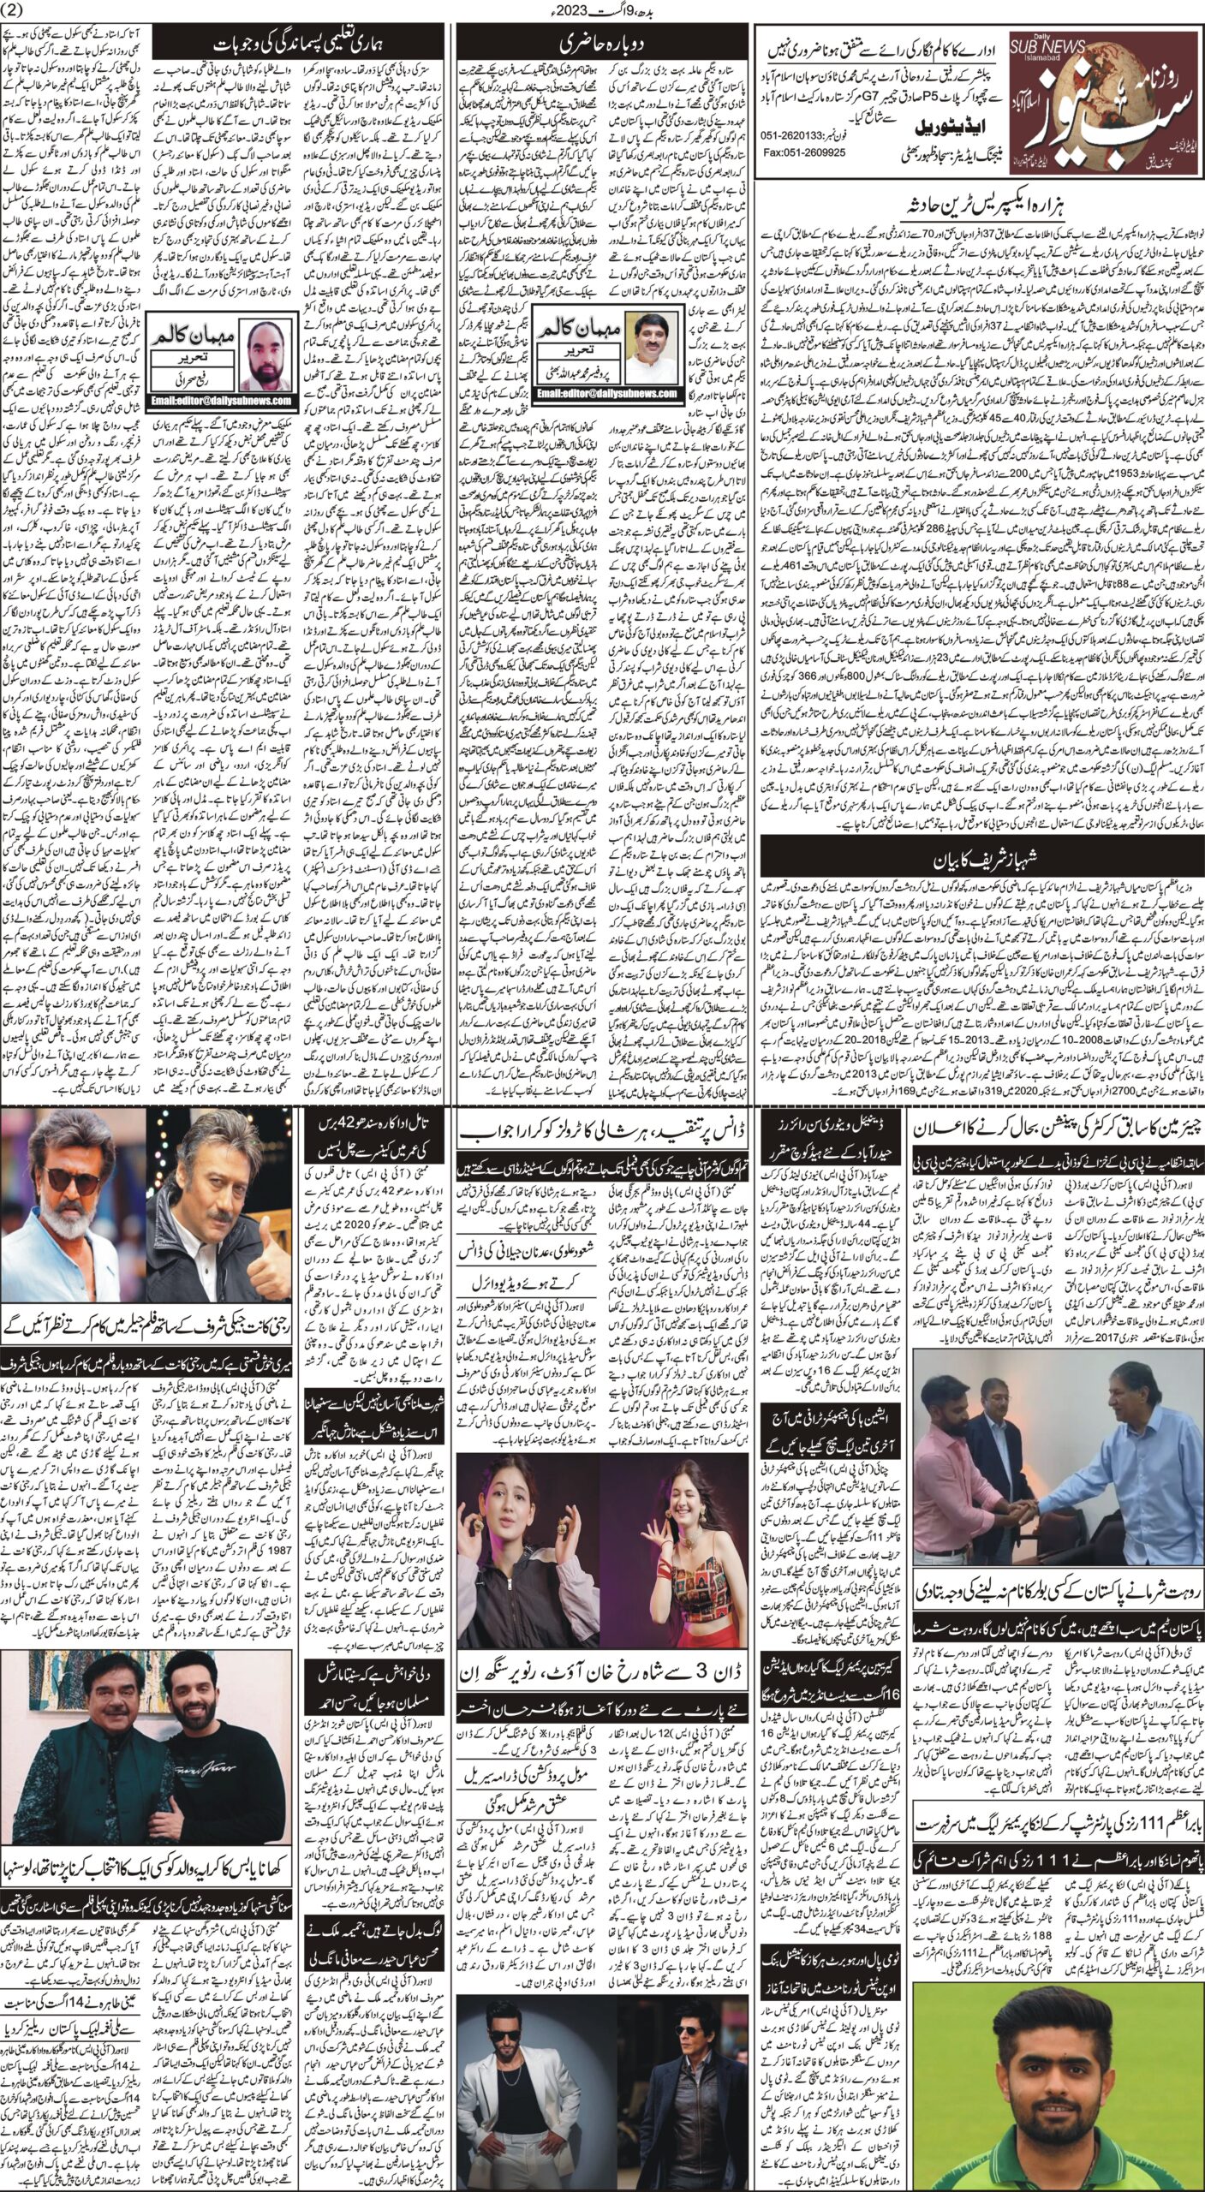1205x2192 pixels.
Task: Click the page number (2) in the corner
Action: pyautogui.click(x=16, y=10)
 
